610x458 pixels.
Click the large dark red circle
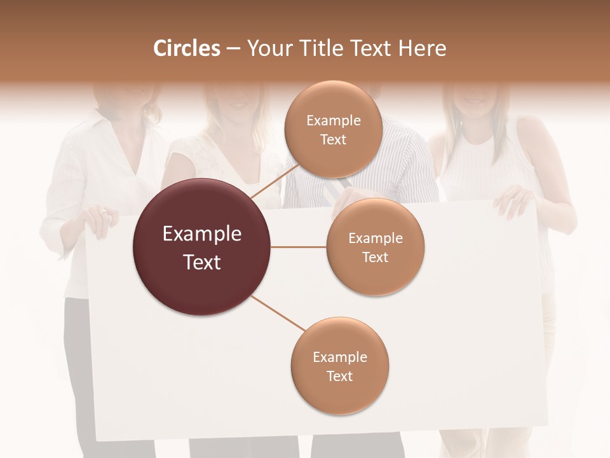(x=202, y=247)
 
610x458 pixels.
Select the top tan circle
(x=334, y=129)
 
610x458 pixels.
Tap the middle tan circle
(x=376, y=247)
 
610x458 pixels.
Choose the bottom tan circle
(x=340, y=366)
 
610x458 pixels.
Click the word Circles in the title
(x=187, y=48)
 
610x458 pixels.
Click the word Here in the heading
(x=423, y=48)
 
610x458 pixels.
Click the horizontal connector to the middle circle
(x=299, y=247)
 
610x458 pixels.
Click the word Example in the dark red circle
(x=202, y=234)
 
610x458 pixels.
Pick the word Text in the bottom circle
(x=340, y=376)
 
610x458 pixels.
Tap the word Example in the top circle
(x=334, y=120)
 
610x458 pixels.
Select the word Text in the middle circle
(x=376, y=257)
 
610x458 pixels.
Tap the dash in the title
(x=233, y=49)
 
